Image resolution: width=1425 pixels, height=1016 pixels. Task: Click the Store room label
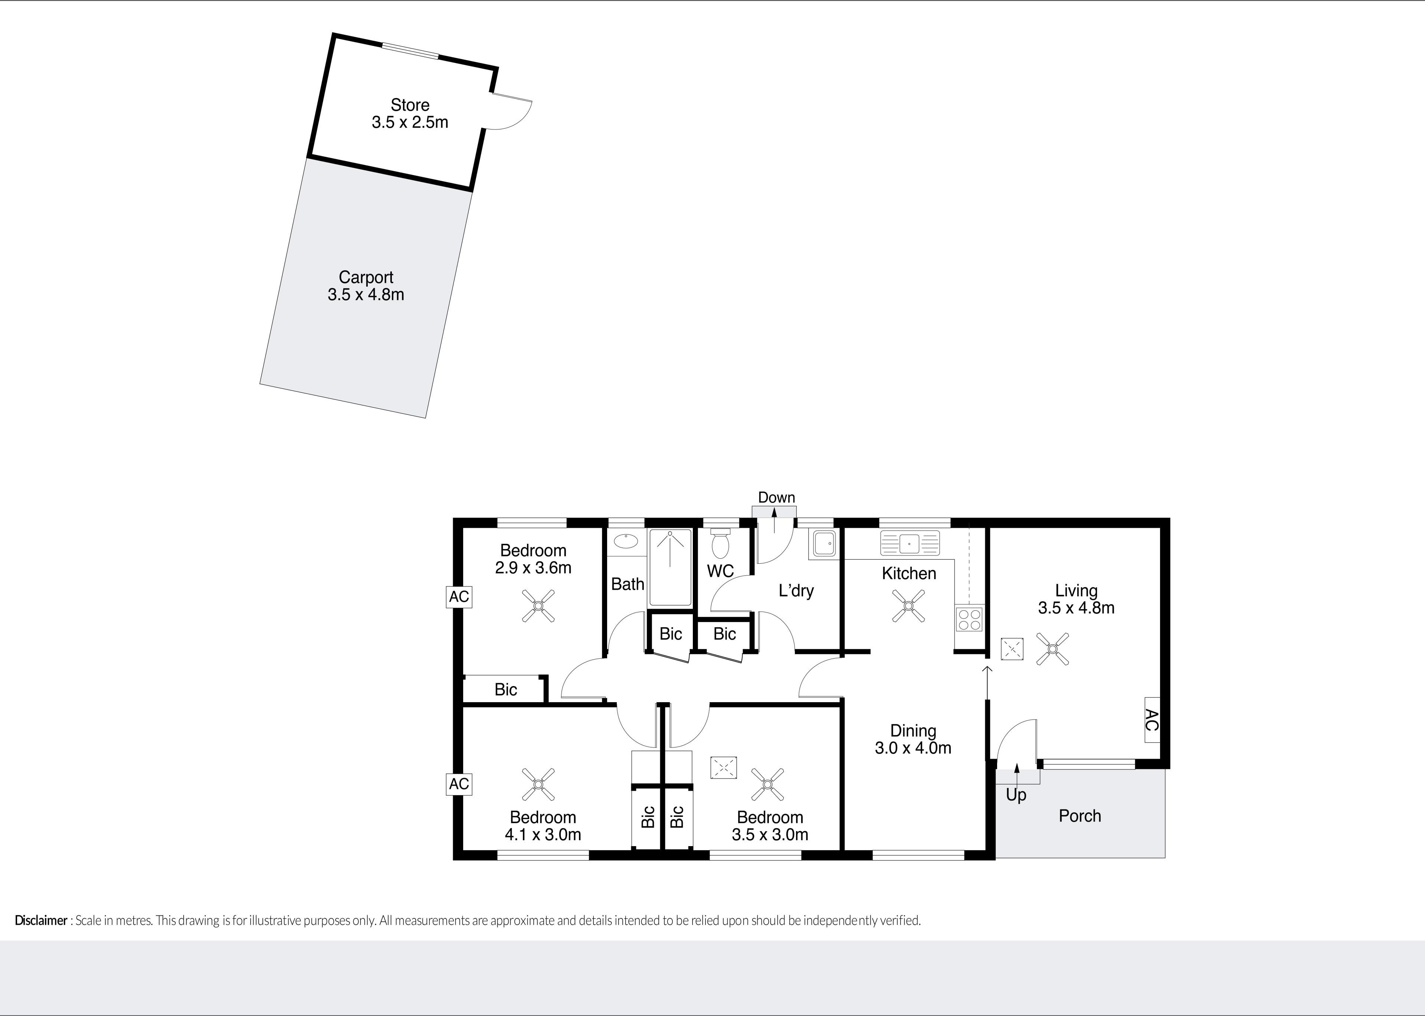pos(410,105)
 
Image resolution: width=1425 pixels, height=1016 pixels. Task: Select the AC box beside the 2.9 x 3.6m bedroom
pos(459,597)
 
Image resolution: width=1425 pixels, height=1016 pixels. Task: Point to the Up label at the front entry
pos(1016,795)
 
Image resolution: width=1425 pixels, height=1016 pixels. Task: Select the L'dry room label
pos(796,591)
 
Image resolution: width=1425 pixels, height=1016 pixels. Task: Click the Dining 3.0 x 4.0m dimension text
pos(913,747)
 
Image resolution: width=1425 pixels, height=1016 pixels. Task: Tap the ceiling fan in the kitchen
pos(909,606)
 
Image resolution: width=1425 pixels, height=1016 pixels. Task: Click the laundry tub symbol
pos(825,544)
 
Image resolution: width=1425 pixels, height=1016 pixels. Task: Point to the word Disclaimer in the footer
pos(41,920)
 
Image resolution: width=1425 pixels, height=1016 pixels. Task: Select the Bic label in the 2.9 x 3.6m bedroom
pos(506,690)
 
